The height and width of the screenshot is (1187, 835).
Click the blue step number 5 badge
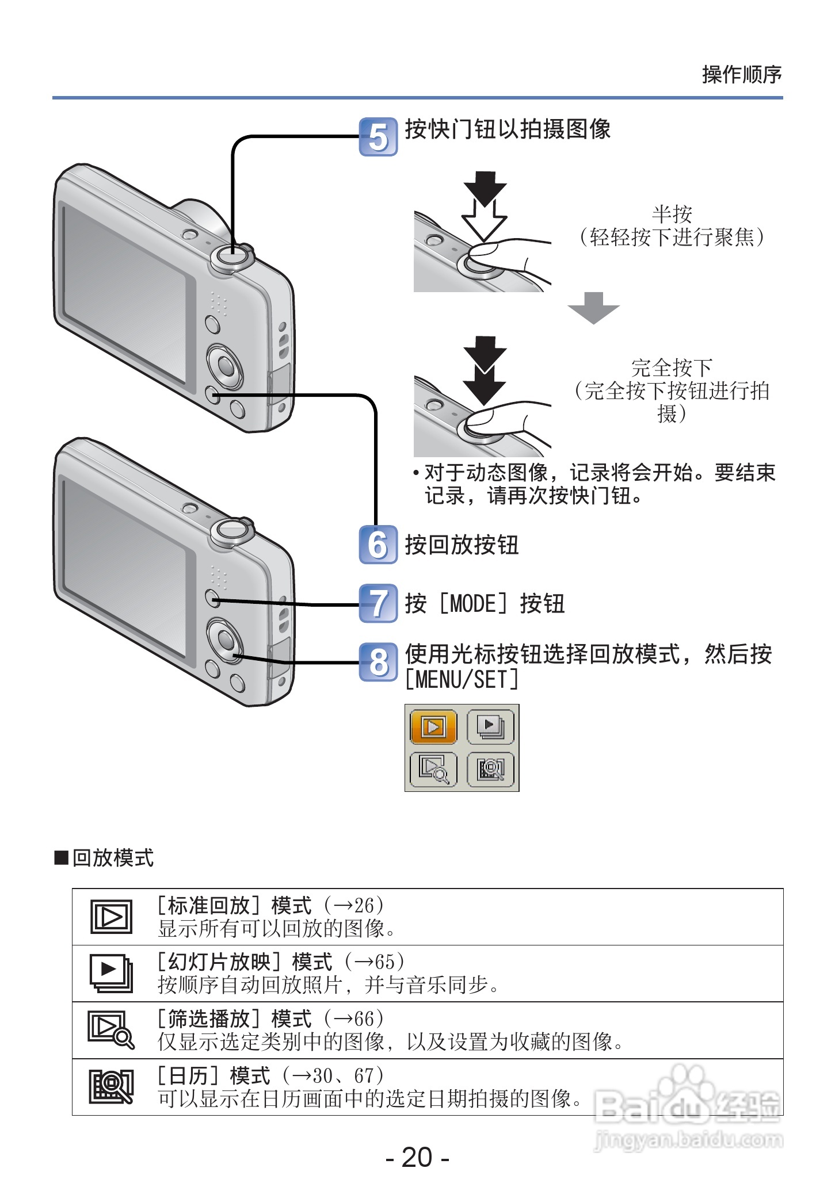(x=378, y=137)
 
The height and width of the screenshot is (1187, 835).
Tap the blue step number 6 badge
(x=378, y=545)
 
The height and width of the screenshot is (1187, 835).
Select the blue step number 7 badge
(x=378, y=603)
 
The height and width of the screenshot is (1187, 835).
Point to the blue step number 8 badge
(x=378, y=662)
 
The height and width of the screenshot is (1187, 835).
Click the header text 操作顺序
(x=741, y=75)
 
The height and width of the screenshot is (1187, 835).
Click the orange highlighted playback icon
(x=433, y=727)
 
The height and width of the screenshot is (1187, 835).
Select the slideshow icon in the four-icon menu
(x=490, y=727)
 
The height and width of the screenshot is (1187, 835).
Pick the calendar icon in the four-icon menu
(x=490, y=769)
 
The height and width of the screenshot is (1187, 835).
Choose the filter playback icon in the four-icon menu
(x=433, y=769)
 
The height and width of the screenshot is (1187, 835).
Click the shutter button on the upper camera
(x=232, y=255)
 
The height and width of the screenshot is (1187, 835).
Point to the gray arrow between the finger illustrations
(x=593, y=308)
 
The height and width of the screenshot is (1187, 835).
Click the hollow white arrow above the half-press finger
(x=484, y=221)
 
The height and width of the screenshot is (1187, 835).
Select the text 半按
(x=672, y=215)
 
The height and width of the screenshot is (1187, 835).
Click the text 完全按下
(x=672, y=367)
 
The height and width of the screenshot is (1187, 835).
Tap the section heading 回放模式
(x=113, y=857)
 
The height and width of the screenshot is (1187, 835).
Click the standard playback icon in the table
(x=111, y=916)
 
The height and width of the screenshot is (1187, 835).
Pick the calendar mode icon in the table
(x=111, y=1086)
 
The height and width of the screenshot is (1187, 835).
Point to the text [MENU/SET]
(x=462, y=680)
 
